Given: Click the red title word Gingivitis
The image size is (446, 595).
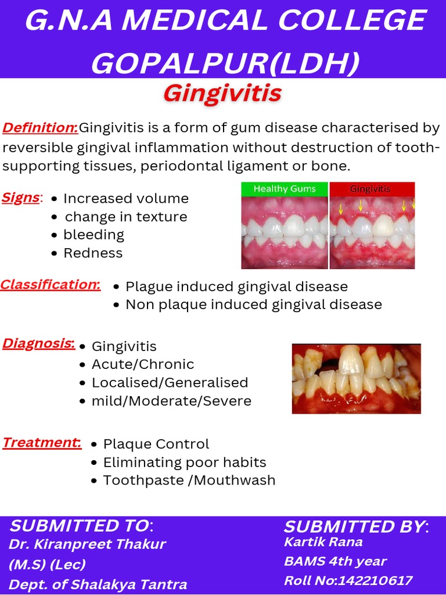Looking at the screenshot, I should tap(222, 93).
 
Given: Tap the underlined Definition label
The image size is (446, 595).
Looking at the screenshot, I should tap(40, 128).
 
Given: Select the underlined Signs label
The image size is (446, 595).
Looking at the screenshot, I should tap(21, 198).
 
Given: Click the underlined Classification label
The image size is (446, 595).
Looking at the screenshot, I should tap(50, 285).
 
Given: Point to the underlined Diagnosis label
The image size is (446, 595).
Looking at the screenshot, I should tap(38, 343).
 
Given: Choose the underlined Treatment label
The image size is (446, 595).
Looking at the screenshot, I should tap(41, 443).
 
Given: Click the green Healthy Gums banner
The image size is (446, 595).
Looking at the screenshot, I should tap(285, 189).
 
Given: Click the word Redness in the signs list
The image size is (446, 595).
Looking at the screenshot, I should tap(93, 253).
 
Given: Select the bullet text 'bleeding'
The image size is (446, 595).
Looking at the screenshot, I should tap(93, 235).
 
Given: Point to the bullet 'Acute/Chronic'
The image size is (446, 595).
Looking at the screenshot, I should tap(143, 364).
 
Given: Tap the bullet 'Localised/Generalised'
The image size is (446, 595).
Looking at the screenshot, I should tap(170, 383).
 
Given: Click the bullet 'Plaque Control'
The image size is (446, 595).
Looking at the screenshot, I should tap(156, 445).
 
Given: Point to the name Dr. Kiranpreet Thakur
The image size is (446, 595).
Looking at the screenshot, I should tap(87, 544).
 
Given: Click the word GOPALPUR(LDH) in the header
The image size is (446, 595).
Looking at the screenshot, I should tap(225, 63).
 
